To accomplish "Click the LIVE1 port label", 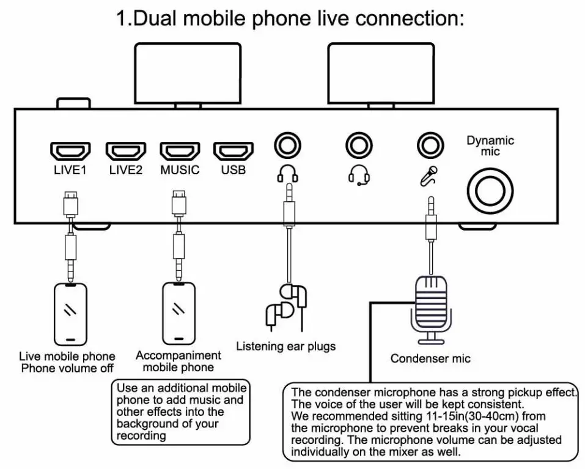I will (x=70, y=170).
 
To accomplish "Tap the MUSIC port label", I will (x=180, y=170).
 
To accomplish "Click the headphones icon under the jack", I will (x=287, y=175).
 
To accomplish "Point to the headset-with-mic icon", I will (x=359, y=175).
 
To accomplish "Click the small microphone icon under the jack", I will (x=429, y=175).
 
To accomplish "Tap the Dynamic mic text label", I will (x=490, y=146).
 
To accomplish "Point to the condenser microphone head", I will (x=432, y=300).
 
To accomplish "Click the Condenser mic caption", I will (x=430, y=358).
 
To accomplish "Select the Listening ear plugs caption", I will (x=285, y=346).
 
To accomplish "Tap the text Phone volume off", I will (x=67, y=368).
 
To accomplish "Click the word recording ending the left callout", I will (x=141, y=435).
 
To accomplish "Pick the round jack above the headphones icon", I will (x=287, y=146).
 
